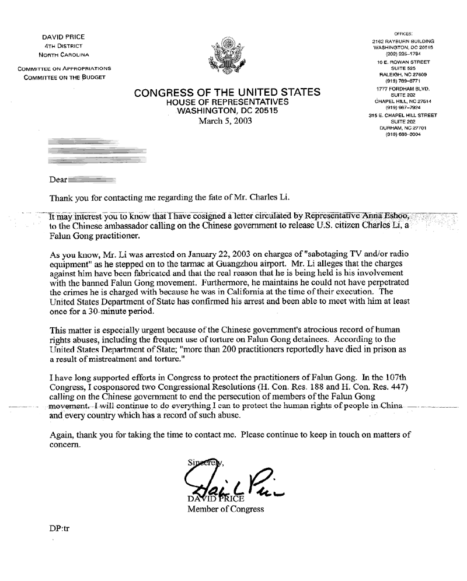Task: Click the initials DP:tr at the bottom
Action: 60,532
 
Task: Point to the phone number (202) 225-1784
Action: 403,54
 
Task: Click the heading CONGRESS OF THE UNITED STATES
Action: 227,93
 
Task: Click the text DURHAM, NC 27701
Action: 403,128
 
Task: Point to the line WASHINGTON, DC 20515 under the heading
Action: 227,111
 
